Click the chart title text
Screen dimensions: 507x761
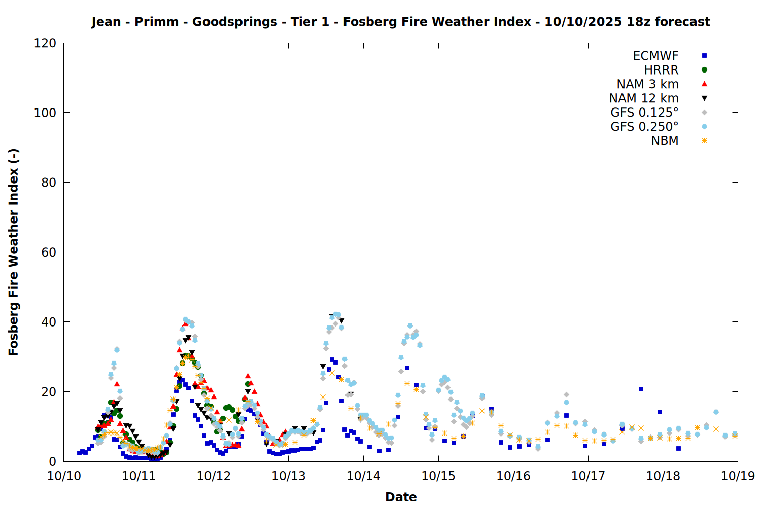click(x=400, y=22)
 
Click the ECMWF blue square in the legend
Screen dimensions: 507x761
click(x=704, y=56)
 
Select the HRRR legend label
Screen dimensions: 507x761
click(x=661, y=70)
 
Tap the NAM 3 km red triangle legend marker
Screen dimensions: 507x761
click(x=704, y=84)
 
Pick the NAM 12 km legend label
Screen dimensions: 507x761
click(x=644, y=98)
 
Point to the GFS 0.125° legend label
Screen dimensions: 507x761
click(x=644, y=113)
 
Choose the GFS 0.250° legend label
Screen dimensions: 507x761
click(x=644, y=127)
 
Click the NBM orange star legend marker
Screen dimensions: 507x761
click(x=704, y=141)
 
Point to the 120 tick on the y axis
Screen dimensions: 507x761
click(x=45, y=43)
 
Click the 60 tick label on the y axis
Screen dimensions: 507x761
click(x=49, y=252)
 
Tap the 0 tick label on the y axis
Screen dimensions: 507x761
click(x=52, y=461)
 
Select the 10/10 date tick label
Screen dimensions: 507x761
click(x=64, y=476)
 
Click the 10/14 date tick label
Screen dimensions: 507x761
click(x=363, y=476)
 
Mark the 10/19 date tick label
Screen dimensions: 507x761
click(x=738, y=476)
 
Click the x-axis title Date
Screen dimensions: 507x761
click(x=401, y=497)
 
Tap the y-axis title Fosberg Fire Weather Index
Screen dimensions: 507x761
click(x=14, y=252)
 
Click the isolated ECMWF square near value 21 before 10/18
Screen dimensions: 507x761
click(x=641, y=389)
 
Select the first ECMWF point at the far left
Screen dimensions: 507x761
click(x=79, y=453)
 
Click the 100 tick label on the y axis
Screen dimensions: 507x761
click(x=45, y=113)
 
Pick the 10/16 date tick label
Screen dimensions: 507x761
click(x=513, y=476)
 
